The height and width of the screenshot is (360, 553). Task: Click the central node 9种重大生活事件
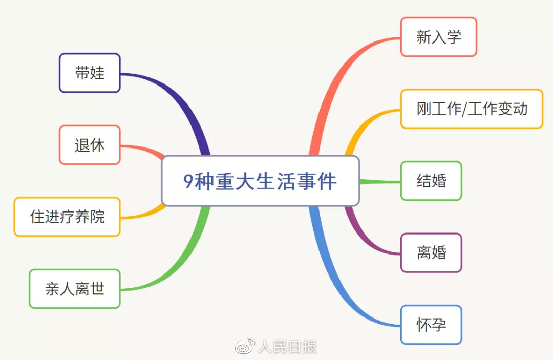tap(260, 181)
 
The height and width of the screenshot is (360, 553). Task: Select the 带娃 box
tap(90, 73)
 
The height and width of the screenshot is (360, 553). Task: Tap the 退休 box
tap(90, 145)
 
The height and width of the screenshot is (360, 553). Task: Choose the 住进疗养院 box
tap(67, 217)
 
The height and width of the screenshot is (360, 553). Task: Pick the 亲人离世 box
tap(75, 289)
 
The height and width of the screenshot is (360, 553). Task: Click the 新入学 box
tap(439, 37)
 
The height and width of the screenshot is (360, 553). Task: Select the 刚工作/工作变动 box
tap(472, 109)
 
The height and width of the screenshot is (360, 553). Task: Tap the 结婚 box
tap(431, 181)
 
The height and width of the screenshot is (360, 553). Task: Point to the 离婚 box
tap(431, 253)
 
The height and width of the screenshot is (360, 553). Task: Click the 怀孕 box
tap(431, 325)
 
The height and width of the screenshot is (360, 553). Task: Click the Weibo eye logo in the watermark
tap(244, 347)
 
